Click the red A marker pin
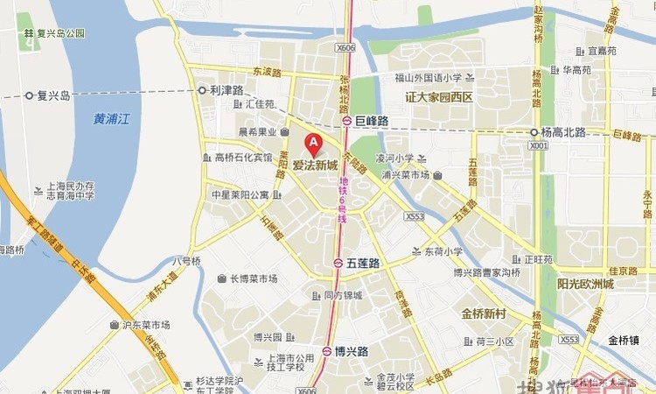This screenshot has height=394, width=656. pyautogui.click(x=312, y=144)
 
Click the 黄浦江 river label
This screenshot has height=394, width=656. pyautogui.click(x=111, y=120)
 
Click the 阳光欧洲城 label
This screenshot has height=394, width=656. pyautogui.click(x=585, y=284)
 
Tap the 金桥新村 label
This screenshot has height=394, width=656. pyautogui.click(x=485, y=313)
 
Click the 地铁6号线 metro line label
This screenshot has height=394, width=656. pyautogui.click(x=343, y=200)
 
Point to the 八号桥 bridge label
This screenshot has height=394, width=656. pyautogui.click(x=185, y=261)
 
